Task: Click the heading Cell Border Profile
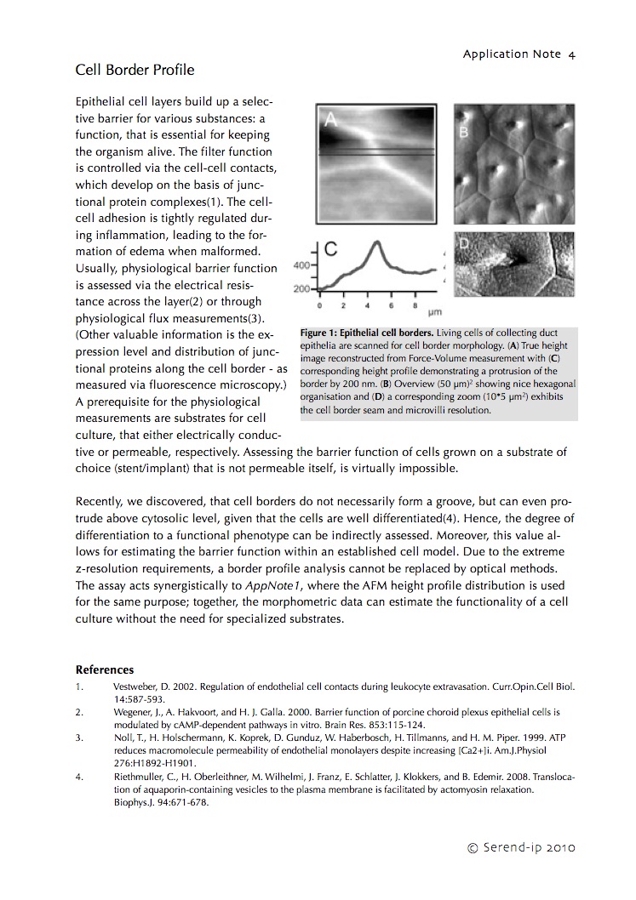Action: pyautogui.click(x=135, y=70)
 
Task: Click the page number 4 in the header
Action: pyautogui.click(x=572, y=54)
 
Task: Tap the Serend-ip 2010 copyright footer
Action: pyautogui.click(x=522, y=847)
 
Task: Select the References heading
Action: pyautogui.click(x=105, y=669)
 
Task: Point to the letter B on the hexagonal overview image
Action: pyautogui.click(x=465, y=132)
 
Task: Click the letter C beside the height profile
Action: pyautogui.click(x=331, y=249)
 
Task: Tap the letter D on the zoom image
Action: pyautogui.click(x=465, y=244)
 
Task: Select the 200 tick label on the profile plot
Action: pyautogui.click(x=301, y=289)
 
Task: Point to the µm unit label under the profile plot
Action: pyautogui.click(x=434, y=313)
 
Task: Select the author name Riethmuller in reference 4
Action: pyautogui.click(x=138, y=776)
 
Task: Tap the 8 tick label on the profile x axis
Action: pyautogui.click(x=415, y=305)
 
